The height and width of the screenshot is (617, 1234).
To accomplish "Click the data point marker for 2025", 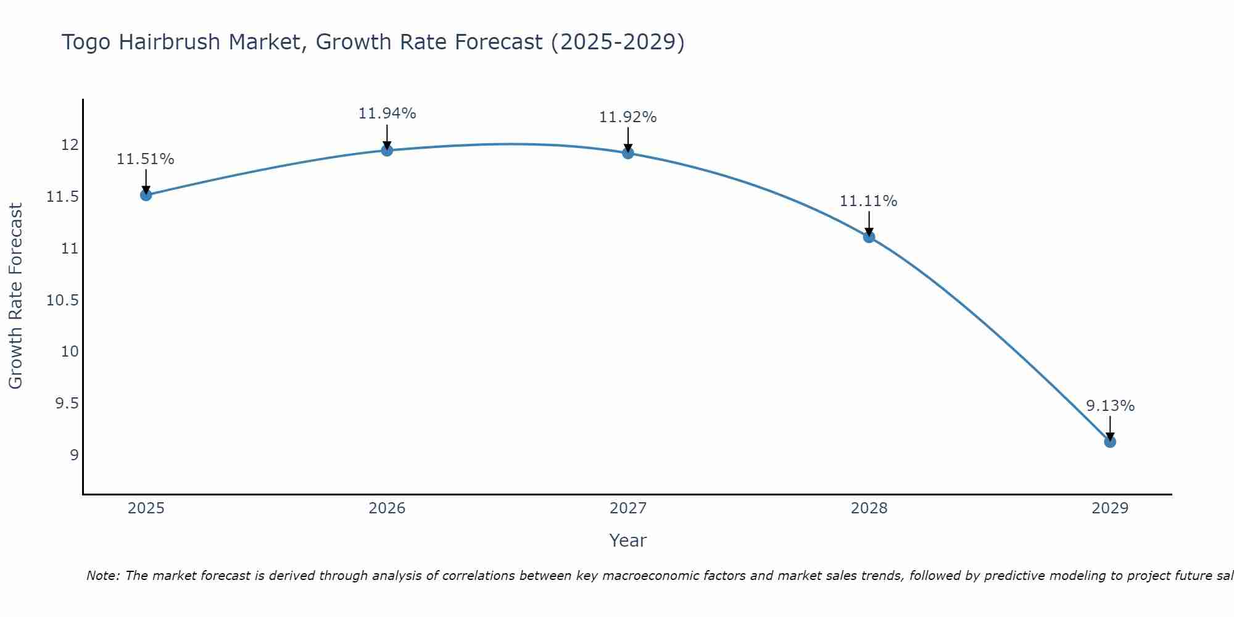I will [x=146, y=195].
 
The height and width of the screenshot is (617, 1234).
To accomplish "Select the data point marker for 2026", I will [x=387, y=150].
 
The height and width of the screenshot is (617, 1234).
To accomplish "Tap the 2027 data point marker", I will [x=628, y=152].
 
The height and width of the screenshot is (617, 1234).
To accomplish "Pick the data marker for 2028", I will [x=869, y=236].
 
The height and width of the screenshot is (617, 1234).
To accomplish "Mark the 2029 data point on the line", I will [x=1109, y=441].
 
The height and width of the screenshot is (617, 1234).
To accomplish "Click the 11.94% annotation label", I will [x=387, y=114].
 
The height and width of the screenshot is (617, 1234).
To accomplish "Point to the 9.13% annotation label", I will [x=1110, y=406].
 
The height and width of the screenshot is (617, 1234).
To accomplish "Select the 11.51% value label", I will [x=146, y=159].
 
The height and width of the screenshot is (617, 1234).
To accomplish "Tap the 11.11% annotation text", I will [x=868, y=201].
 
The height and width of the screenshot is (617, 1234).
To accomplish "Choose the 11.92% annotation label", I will [x=627, y=117].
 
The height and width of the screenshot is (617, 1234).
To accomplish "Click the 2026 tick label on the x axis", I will [x=387, y=508].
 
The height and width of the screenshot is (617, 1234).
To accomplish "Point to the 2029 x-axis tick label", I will [x=1109, y=508].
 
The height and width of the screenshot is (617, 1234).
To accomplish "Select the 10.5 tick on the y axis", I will [x=62, y=300].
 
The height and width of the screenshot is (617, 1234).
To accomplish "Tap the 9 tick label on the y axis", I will [x=74, y=455].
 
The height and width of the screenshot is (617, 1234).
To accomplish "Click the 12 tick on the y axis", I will [x=70, y=146].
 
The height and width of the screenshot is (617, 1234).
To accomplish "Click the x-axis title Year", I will [x=627, y=540].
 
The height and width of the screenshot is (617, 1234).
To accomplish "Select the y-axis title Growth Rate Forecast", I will [x=15, y=296].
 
